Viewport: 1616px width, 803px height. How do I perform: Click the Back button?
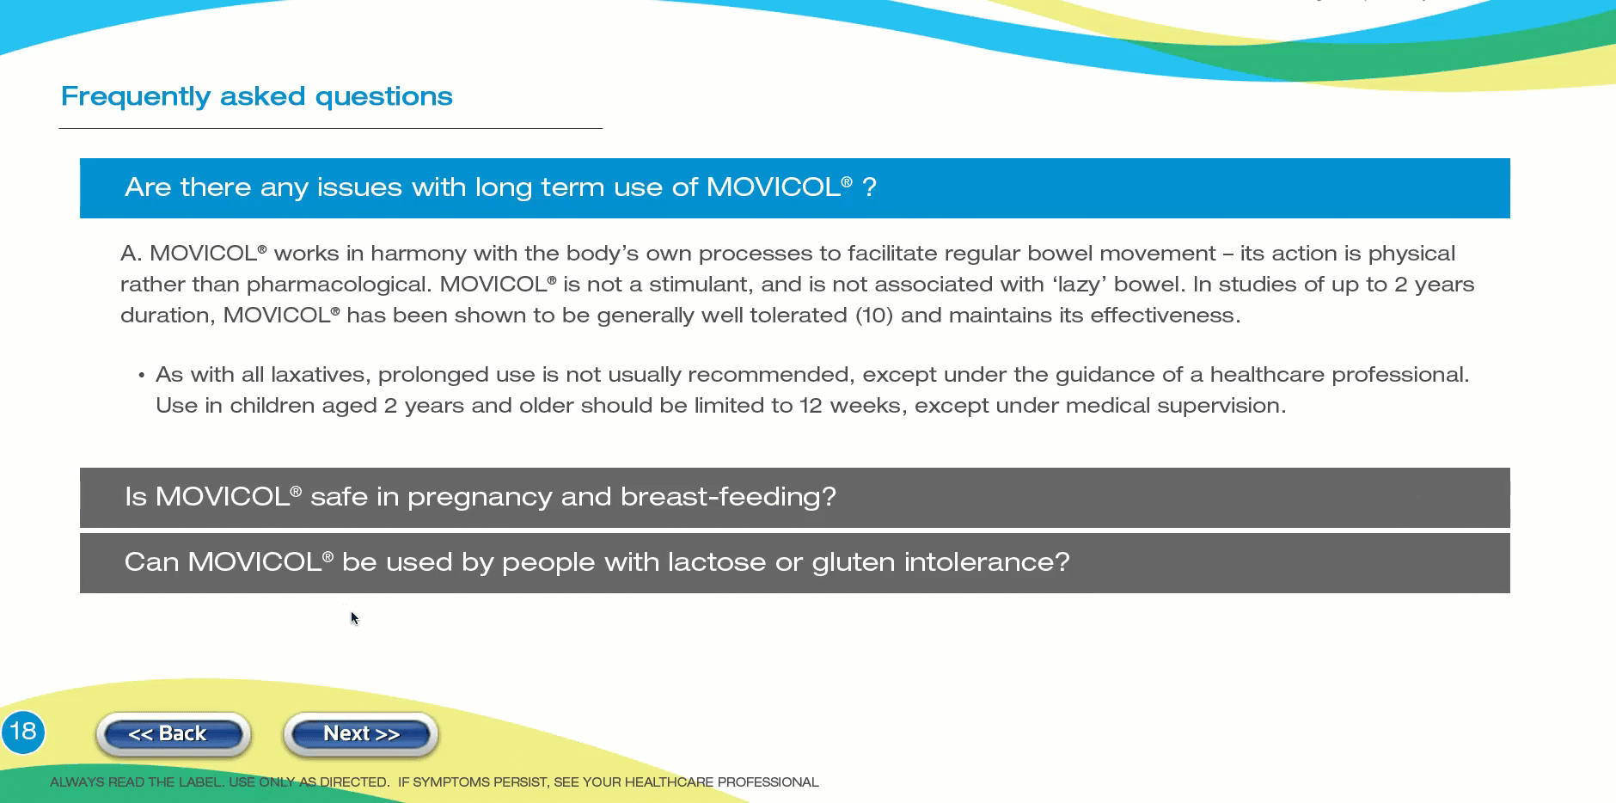pos(173,734)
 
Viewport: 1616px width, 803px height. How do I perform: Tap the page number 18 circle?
pos(22,733)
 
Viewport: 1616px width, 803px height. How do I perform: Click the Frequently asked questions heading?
pos(256,96)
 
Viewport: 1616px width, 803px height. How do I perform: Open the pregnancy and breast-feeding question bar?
pos(795,498)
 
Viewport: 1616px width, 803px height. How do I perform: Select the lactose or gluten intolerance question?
pos(795,563)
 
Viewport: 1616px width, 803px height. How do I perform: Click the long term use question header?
pos(795,188)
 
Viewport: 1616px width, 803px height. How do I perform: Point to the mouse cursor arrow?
pos(354,618)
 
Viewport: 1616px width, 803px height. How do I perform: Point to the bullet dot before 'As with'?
pos(141,376)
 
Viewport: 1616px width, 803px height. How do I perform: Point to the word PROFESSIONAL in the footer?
pos(768,782)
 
